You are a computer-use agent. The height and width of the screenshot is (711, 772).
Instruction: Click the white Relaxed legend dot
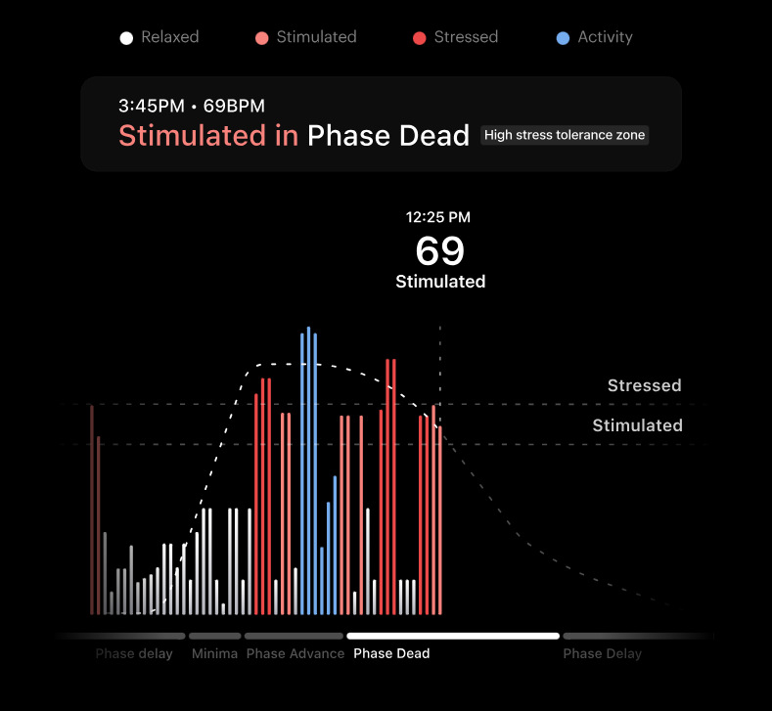tap(126, 38)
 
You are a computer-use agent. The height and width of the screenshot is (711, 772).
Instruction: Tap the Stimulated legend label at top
tap(317, 37)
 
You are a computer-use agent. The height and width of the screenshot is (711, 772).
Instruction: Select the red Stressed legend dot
tap(420, 38)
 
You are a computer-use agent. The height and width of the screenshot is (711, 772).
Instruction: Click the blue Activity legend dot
tap(563, 38)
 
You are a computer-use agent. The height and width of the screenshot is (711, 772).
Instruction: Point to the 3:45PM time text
tap(152, 106)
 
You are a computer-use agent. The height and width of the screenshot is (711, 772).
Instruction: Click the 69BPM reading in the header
tap(235, 106)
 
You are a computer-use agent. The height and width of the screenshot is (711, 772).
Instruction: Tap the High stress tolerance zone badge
tap(565, 135)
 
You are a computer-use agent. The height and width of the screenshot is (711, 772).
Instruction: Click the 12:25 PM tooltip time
tap(438, 217)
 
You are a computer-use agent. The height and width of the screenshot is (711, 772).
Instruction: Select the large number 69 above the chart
tap(440, 250)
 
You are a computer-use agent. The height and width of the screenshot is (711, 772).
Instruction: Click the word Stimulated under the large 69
tap(440, 282)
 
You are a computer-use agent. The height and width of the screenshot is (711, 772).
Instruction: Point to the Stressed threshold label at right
tap(645, 385)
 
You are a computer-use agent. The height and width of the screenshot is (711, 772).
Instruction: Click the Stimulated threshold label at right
tap(638, 425)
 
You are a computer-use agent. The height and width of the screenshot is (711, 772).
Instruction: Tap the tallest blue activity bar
tap(308, 470)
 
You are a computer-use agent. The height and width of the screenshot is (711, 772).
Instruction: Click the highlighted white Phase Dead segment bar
tap(453, 636)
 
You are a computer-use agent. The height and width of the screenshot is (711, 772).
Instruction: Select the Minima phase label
tap(214, 653)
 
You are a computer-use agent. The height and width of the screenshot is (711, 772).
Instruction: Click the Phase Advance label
tap(295, 653)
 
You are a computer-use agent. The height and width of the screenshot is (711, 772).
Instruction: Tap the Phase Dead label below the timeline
tap(391, 653)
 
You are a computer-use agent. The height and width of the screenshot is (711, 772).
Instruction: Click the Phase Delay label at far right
tap(603, 653)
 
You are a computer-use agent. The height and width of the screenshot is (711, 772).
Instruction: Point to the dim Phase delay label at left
tap(134, 653)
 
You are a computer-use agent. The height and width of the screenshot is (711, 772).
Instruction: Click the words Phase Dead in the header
tap(388, 135)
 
